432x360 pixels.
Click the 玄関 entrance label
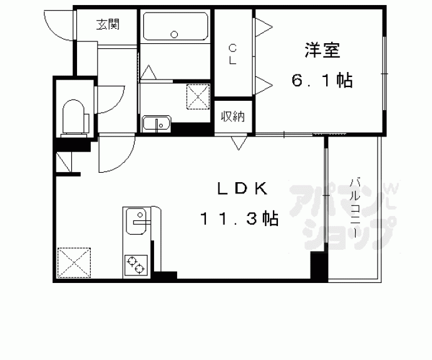108,24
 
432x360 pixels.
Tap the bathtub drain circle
174,34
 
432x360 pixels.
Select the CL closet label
233,54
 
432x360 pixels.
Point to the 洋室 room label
322,50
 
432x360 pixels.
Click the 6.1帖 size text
322,81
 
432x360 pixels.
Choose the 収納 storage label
233,117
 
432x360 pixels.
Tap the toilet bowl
73,116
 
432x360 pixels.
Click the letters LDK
242,188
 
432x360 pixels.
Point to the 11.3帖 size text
239,219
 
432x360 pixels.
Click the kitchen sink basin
136,222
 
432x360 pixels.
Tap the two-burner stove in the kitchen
136,265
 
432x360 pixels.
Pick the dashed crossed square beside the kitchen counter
74,263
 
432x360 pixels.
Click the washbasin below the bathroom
157,124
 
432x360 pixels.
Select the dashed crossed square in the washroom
198,96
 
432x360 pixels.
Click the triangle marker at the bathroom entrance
148,72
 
